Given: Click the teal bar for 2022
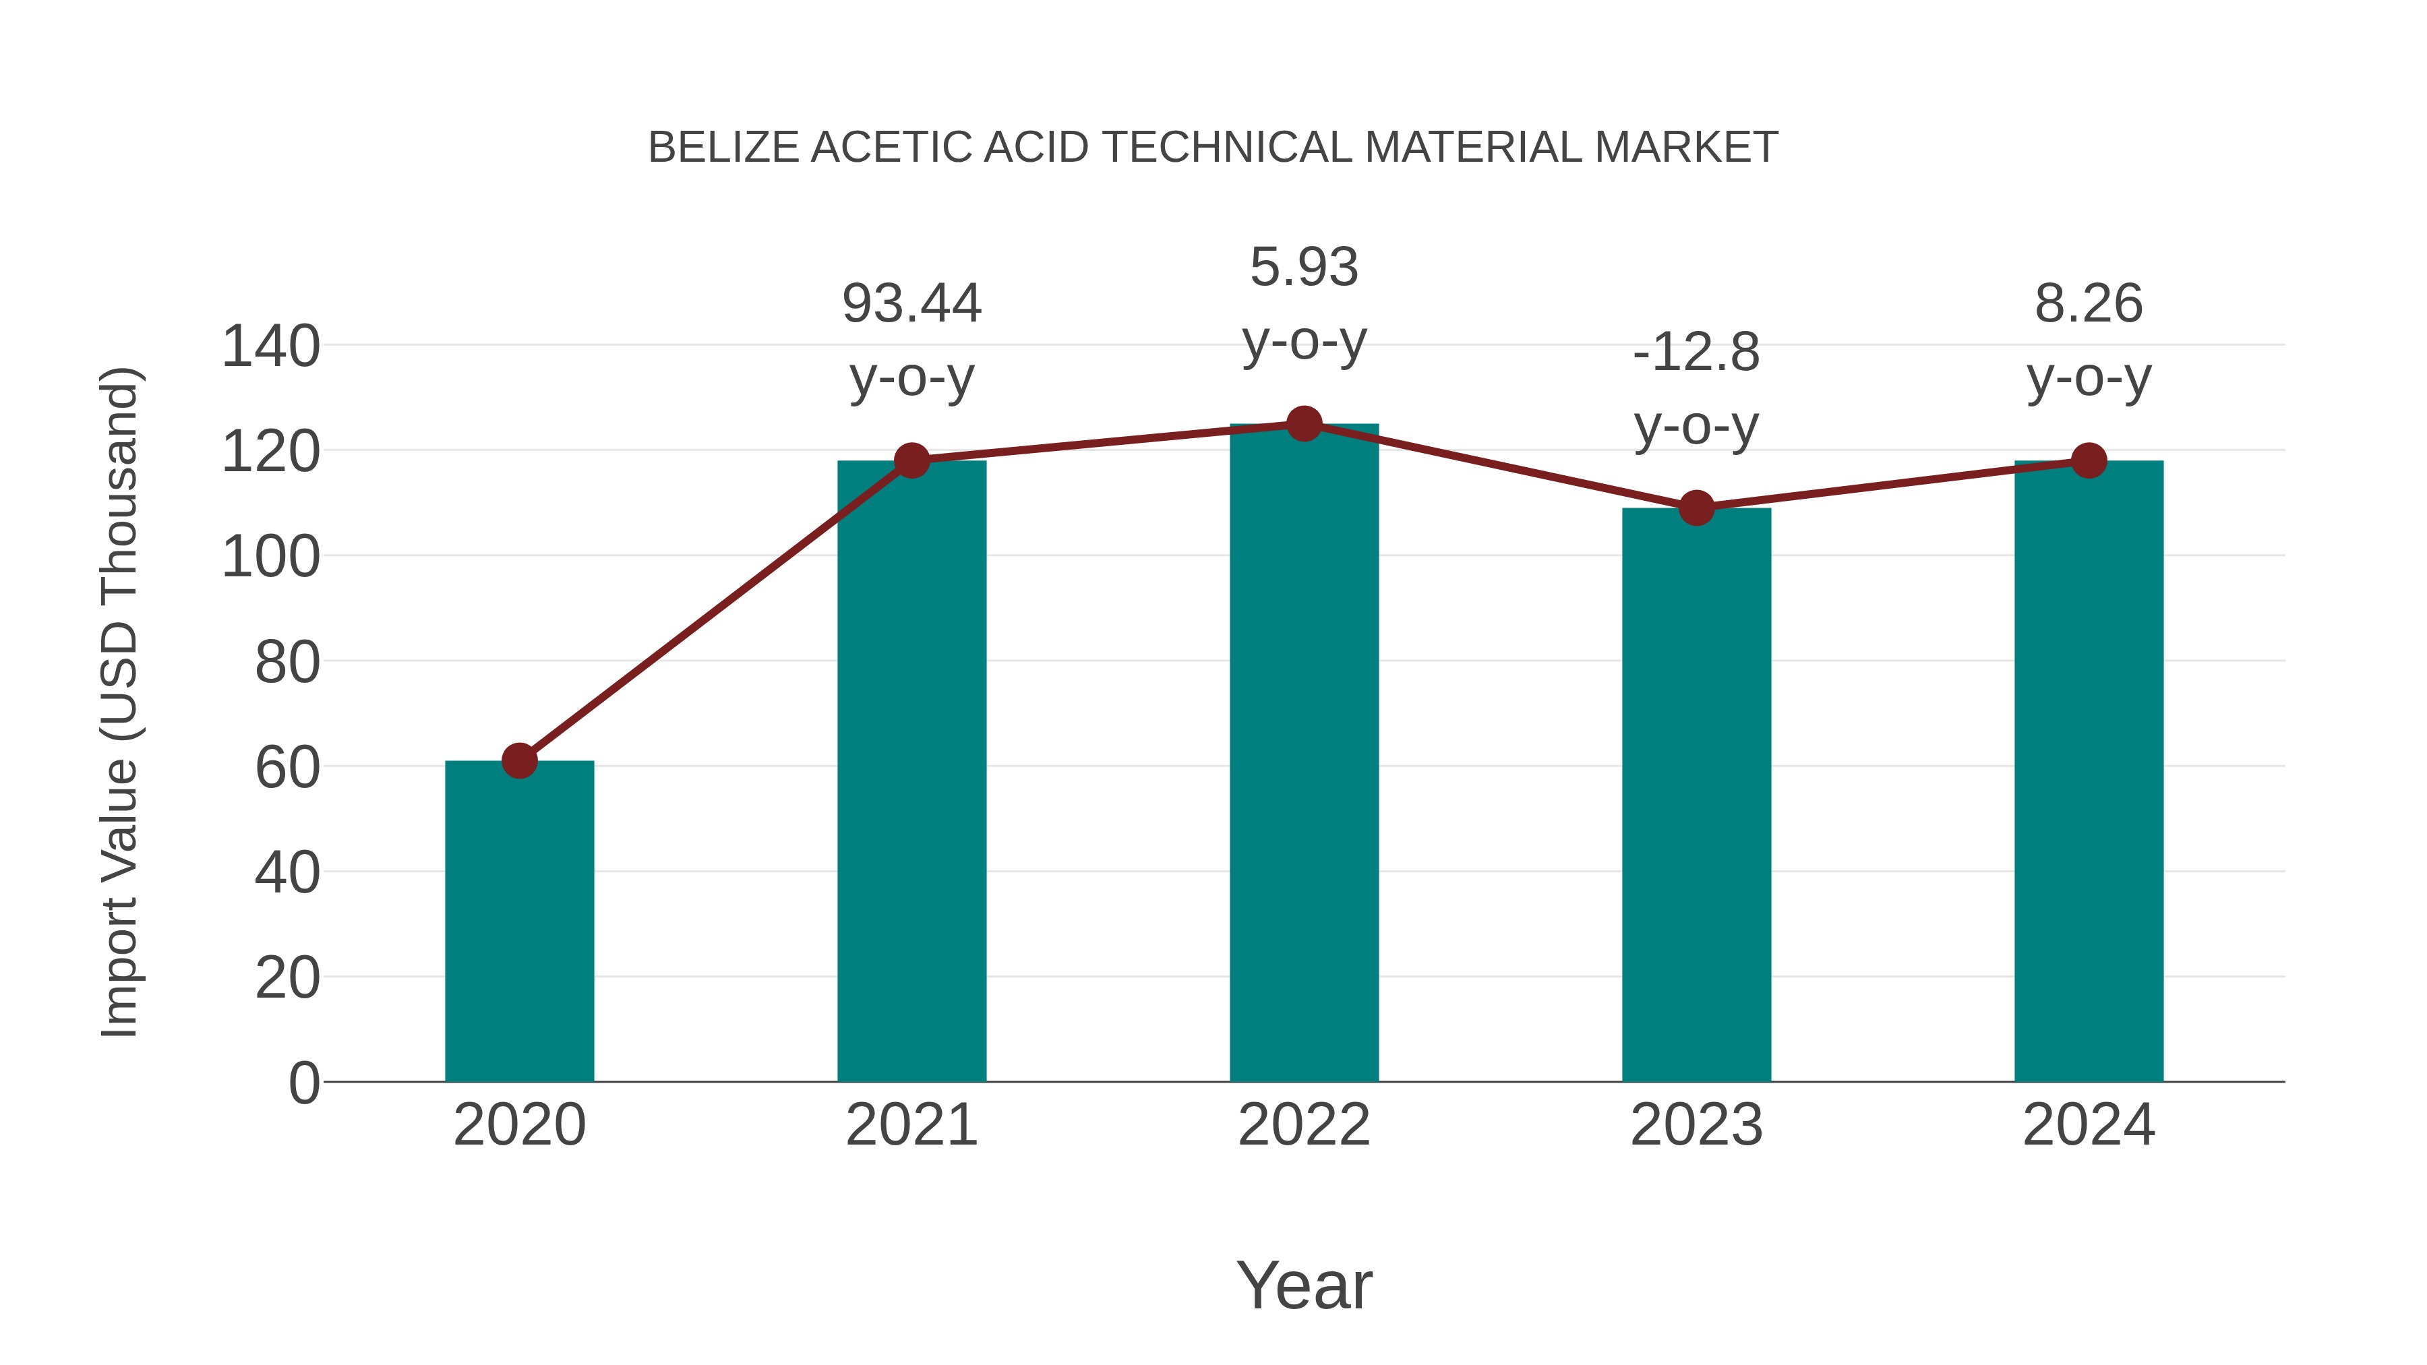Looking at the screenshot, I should pos(1304,754).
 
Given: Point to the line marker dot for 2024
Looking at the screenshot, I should pos(2089,460).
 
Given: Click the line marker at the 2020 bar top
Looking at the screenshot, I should pos(519,760).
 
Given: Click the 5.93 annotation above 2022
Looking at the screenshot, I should pos(1304,268).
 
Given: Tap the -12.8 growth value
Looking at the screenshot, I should pos(1696,353).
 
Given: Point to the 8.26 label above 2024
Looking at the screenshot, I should pos(2089,304).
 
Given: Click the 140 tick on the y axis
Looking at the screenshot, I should pos(270,346).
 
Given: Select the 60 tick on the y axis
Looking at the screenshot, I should pos(287,768).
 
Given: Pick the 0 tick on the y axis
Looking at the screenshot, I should pos(304,1083).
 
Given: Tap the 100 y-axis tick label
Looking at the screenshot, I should pos(270,557).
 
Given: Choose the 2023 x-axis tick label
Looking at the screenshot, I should pos(1696,1125).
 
